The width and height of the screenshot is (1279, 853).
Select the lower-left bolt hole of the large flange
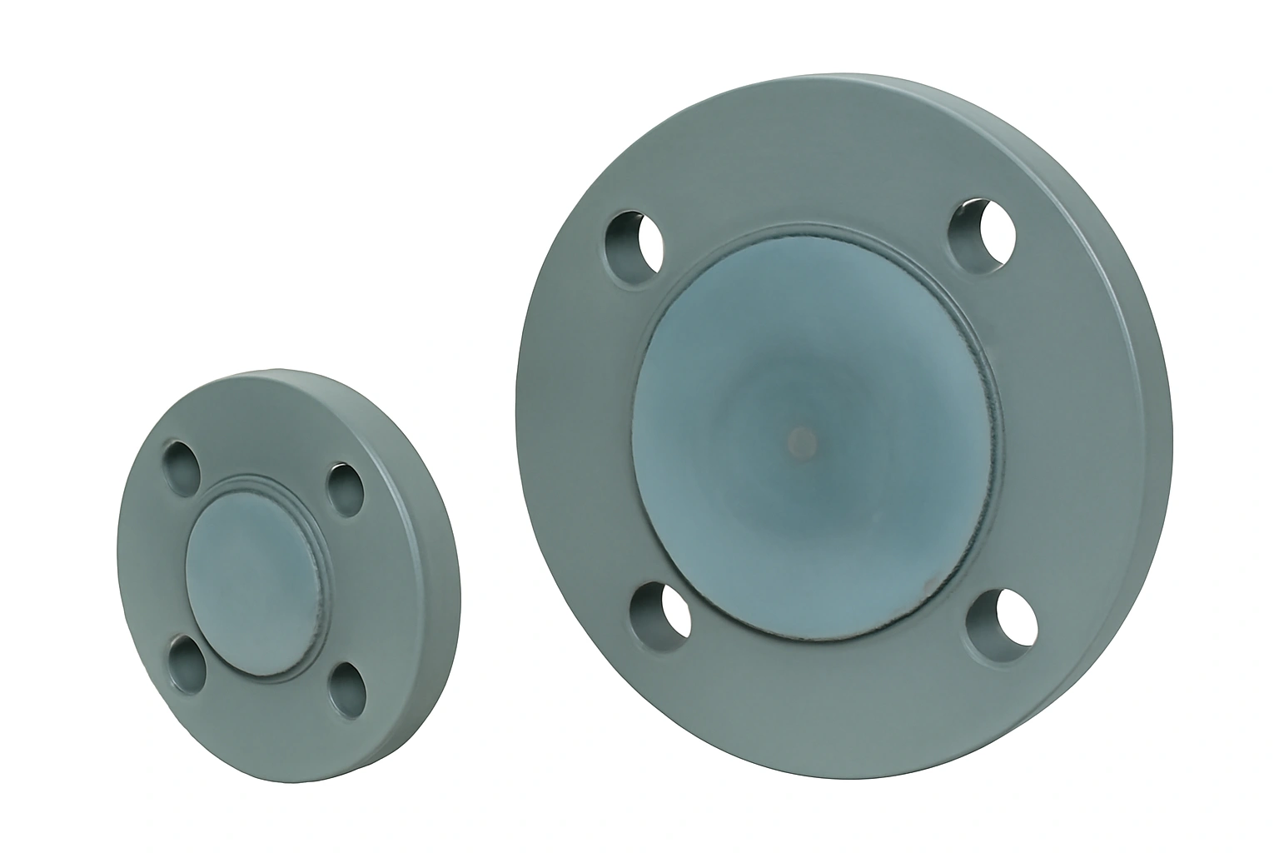click(662, 614)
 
